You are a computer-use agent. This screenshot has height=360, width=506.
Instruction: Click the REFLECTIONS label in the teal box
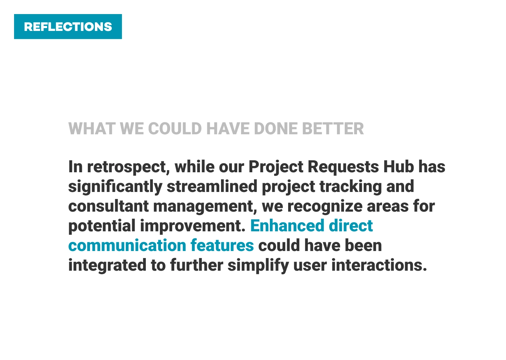[x=68, y=27]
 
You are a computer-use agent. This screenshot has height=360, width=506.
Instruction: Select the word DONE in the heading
[x=275, y=129]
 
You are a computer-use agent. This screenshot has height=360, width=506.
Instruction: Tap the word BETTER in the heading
[x=333, y=129]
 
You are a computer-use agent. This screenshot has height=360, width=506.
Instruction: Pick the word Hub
[x=399, y=167]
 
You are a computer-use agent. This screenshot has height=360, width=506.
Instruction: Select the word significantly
[x=115, y=187]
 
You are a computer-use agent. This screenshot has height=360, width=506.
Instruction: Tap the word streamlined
[x=212, y=186]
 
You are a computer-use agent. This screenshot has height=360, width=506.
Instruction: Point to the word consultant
[x=109, y=206]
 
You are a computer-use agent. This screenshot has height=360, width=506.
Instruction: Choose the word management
[x=205, y=207]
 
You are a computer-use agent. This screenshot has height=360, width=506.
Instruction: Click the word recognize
[x=325, y=207]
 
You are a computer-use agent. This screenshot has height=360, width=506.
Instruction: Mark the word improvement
[x=193, y=226]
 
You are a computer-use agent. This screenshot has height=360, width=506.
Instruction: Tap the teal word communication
[x=127, y=245]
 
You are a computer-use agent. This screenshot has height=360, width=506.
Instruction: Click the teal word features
[x=222, y=245]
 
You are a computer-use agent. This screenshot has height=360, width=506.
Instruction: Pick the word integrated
[x=107, y=265]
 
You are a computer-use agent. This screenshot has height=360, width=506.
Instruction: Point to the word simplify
[x=258, y=265]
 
